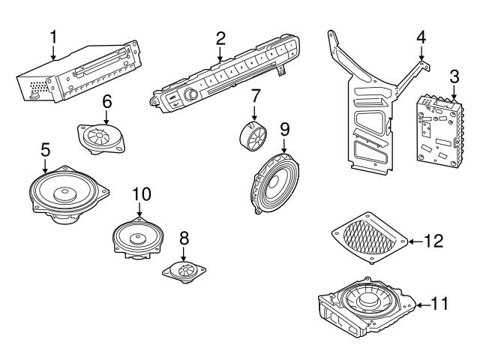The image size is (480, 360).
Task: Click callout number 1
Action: coord(53,35)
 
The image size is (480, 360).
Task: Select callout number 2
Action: coord(220,37)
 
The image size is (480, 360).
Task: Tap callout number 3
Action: coord(454,76)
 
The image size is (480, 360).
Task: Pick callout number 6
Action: coord(106,100)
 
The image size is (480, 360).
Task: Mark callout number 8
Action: coord(184,238)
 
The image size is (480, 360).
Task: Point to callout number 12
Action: coord(434,241)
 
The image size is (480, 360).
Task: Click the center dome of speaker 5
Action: coord(66,193)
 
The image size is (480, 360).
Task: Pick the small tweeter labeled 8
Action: coord(184,268)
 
